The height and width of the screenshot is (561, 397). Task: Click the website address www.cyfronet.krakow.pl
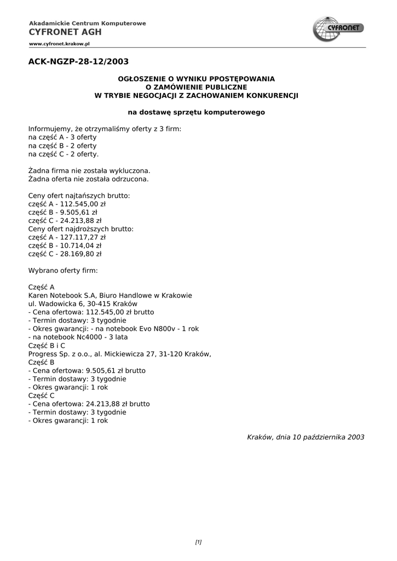point(59,43)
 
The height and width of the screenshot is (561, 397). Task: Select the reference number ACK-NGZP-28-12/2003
point(78,61)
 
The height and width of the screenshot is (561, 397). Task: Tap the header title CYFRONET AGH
point(65,32)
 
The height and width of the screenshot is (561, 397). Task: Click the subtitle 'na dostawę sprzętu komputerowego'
point(196,112)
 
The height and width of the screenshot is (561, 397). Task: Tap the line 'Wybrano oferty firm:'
point(63,271)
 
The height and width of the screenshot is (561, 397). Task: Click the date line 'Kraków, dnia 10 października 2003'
point(306,437)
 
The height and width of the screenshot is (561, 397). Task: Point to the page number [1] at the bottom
point(198,542)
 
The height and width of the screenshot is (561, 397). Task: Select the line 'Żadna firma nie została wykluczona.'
point(89,170)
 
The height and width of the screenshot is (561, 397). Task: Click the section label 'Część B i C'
point(47,346)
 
